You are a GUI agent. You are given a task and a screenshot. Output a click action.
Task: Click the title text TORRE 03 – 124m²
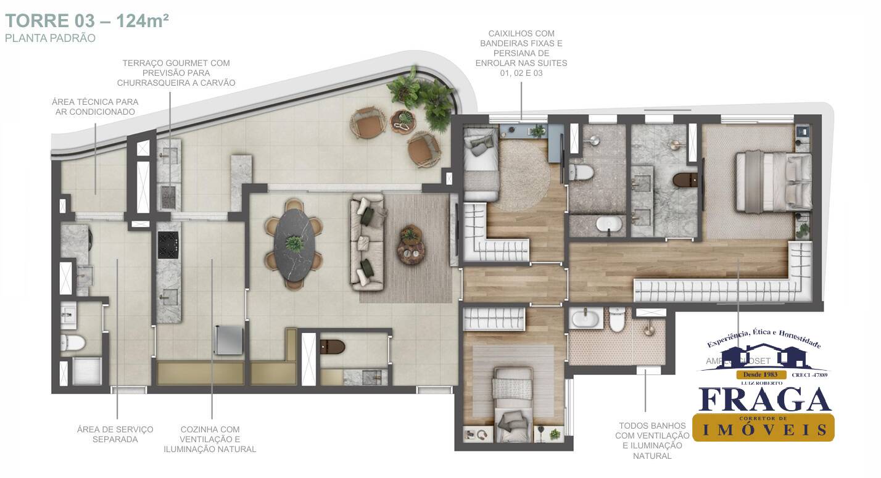pos(87,20)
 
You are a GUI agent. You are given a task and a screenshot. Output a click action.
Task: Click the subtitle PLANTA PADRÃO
pos(50,38)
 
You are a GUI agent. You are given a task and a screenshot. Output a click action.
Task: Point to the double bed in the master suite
pos(774,181)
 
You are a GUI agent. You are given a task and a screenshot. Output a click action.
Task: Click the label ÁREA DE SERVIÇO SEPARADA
pos(115,434)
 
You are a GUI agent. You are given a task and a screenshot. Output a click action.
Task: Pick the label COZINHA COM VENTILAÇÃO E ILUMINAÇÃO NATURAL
pos(210,439)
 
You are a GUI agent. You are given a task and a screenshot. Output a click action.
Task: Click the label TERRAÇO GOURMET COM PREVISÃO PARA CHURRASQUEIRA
pos(176,73)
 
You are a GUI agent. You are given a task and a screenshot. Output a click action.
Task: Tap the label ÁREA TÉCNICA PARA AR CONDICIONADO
pos(95,107)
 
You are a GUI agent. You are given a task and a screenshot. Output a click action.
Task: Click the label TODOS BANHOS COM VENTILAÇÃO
pos(653,440)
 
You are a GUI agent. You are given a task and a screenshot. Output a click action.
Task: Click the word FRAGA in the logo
pos(765,400)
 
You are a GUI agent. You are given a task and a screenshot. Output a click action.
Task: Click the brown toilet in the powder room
pos(333,347)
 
